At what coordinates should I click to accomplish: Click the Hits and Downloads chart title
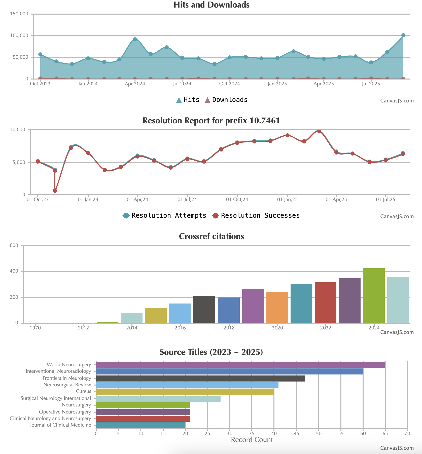click(x=212, y=5)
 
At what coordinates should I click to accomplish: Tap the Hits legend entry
click(x=188, y=100)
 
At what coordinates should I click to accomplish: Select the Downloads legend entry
click(x=226, y=100)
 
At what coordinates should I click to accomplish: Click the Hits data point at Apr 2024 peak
click(x=135, y=39)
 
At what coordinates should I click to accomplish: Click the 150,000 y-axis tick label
click(x=19, y=14)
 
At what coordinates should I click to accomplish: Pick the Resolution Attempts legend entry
click(x=165, y=216)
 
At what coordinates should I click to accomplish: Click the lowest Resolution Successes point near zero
click(x=55, y=191)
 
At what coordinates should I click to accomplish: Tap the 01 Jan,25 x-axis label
click(x=287, y=200)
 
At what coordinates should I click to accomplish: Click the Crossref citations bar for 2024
click(x=374, y=296)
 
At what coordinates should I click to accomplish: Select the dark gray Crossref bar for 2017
click(x=204, y=310)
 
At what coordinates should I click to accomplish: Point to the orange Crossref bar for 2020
click(x=277, y=308)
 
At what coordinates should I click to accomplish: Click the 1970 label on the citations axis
click(x=35, y=328)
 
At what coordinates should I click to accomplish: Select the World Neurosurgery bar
click(x=240, y=365)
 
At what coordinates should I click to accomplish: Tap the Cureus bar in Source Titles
click(x=185, y=392)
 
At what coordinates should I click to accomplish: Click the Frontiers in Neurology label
click(x=67, y=378)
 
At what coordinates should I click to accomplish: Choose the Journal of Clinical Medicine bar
click(x=141, y=425)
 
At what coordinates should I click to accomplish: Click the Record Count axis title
click(x=252, y=440)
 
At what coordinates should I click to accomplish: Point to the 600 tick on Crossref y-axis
click(x=14, y=246)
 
